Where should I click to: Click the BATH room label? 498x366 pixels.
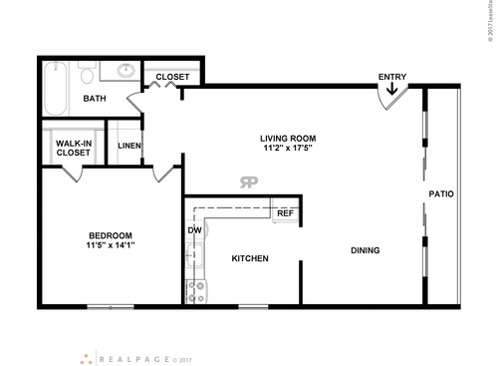(x=95, y=99)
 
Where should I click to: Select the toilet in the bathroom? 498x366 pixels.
(x=87, y=76)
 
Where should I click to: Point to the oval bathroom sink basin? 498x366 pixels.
(x=125, y=71)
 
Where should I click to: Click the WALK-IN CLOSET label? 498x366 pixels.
(x=72, y=148)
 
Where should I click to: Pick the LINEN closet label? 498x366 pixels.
(x=128, y=147)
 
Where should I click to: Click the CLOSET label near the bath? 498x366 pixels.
(x=172, y=76)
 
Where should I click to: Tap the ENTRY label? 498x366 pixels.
(x=391, y=77)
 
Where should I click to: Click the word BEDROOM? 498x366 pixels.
(x=109, y=235)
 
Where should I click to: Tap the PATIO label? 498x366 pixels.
(x=441, y=193)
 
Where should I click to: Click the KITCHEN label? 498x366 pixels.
(x=249, y=258)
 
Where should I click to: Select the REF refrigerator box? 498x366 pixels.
(x=285, y=213)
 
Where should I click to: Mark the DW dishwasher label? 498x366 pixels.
(x=194, y=230)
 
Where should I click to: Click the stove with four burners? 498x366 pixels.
(x=195, y=290)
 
